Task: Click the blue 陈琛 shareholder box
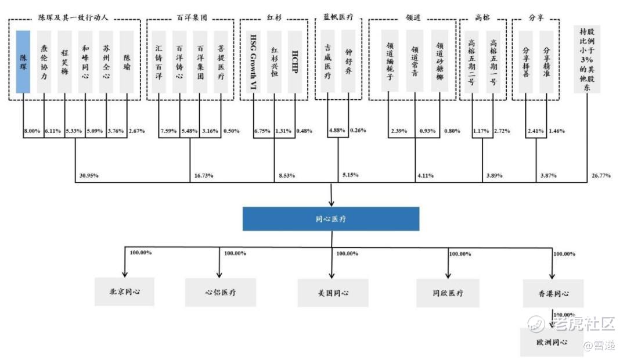[23, 62]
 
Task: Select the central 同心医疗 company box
[331, 219]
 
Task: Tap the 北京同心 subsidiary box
[125, 291]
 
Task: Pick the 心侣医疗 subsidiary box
[221, 292]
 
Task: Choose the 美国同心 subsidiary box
[333, 293]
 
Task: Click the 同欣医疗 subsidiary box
[448, 293]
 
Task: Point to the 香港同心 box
[553, 293]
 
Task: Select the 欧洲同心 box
[552, 342]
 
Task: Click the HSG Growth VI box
[253, 62]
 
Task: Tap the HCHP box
[294, 62]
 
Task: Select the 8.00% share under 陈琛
[32, 131]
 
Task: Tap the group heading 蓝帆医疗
[338, 17]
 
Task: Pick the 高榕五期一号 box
[493, 62]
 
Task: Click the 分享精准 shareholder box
[546, 62]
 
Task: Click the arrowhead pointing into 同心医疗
[331, 203]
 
